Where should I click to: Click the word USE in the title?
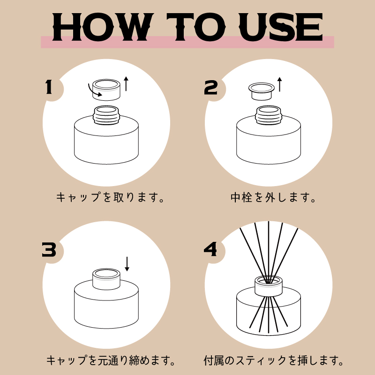(281, 27)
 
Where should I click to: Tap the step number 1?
(49, 87)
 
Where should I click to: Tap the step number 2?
(211, 87)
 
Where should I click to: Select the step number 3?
(49, 249)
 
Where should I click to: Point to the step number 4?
(210, 249)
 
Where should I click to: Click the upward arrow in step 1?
(126, 84)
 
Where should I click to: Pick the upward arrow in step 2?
(279, 84)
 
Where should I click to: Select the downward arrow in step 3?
(127, 264)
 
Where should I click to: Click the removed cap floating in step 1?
(106, 90)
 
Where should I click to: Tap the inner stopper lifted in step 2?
(262, 91)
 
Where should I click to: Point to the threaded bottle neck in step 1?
(106, 115)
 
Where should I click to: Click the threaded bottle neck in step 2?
(269, 115)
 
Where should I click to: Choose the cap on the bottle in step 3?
(106, 279)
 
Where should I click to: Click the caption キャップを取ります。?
(110, 197)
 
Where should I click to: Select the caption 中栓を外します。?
(273, 197)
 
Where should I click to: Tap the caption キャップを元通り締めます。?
(111, 360)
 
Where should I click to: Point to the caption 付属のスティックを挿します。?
(273, 360)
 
